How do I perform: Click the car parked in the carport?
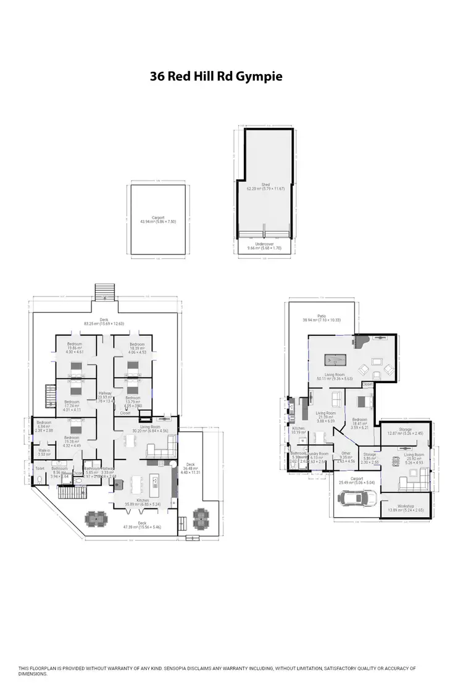[x=358, y=498]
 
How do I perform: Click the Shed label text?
[x=266, y=184]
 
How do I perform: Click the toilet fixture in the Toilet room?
[x=40, y=477]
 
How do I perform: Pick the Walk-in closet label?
[x=44, y=451]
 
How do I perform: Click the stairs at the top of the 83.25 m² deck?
[x=105, y=291]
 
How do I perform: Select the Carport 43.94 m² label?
[x=157, y=217]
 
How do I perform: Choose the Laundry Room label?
[x=319, y=453]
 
